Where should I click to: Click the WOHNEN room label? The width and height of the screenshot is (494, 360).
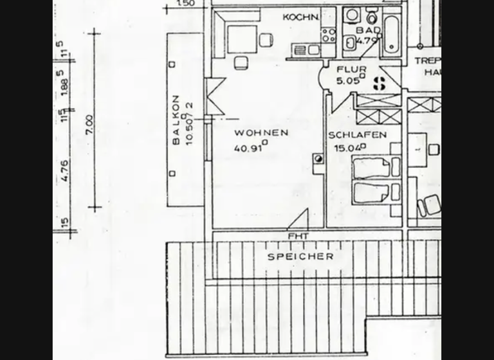point(261,133)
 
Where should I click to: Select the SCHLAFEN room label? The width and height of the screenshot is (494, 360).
point(357,135)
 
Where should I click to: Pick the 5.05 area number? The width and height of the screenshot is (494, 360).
point(348,80)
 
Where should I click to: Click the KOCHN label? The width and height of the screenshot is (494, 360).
point(300,17)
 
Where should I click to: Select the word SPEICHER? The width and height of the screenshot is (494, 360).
point(300,256)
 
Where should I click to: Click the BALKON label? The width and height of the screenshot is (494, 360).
point(176,120)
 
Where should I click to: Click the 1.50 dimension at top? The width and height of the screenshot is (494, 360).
point(185,3)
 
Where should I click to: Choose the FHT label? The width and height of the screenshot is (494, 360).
point(298,237)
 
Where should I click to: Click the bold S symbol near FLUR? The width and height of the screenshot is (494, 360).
point(380,83)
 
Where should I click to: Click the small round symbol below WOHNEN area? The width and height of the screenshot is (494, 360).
point(318,159)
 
